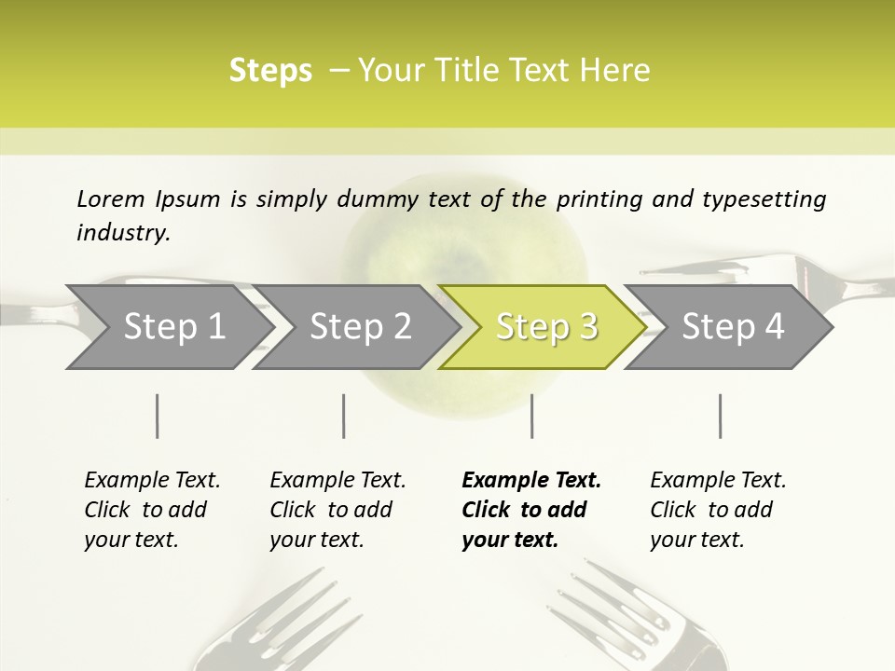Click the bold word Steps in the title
(x=270, y=71)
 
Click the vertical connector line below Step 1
(x=157, y=416)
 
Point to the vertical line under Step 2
(x=344, y=416)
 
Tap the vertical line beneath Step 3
(x=531, y=416)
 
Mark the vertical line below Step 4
(x=720, y=416)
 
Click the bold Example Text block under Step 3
(x=531, y=510)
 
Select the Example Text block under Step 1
(x=152, y=510)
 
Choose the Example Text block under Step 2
(x=337, y=510)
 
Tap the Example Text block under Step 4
(x=718, y=510)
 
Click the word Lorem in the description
(x=111, y=199)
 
